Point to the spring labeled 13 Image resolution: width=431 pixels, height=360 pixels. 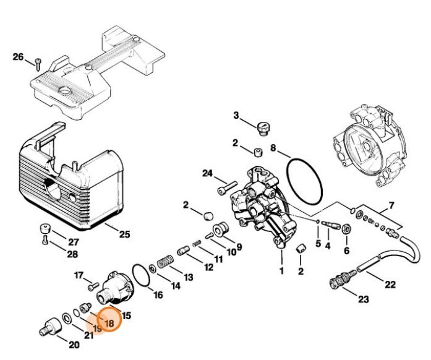pyautogui.click(x=164, y=262)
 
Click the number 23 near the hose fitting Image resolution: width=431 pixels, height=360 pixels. pyautogui.click(x=363, y=299)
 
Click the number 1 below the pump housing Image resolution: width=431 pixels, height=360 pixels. pyautogui.click(x=281, y=270)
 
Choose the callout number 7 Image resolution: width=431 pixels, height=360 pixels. pyautogui.click(x=391, y=205)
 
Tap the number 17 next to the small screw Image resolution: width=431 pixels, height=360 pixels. pyautogui.click(x=79, y=275)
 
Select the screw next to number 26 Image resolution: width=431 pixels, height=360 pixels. pyautogui.click(x=37, y=62)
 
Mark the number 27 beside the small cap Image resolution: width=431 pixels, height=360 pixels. pyautogui.click(x=73, y=242)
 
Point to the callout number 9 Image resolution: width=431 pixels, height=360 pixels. pyautogui.click(x=238, y=246)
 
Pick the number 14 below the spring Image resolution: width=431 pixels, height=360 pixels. pyautogui.click(x=176, y=286)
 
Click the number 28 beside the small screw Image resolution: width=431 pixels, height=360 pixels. pyautogui.click(x=73, y=254)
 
